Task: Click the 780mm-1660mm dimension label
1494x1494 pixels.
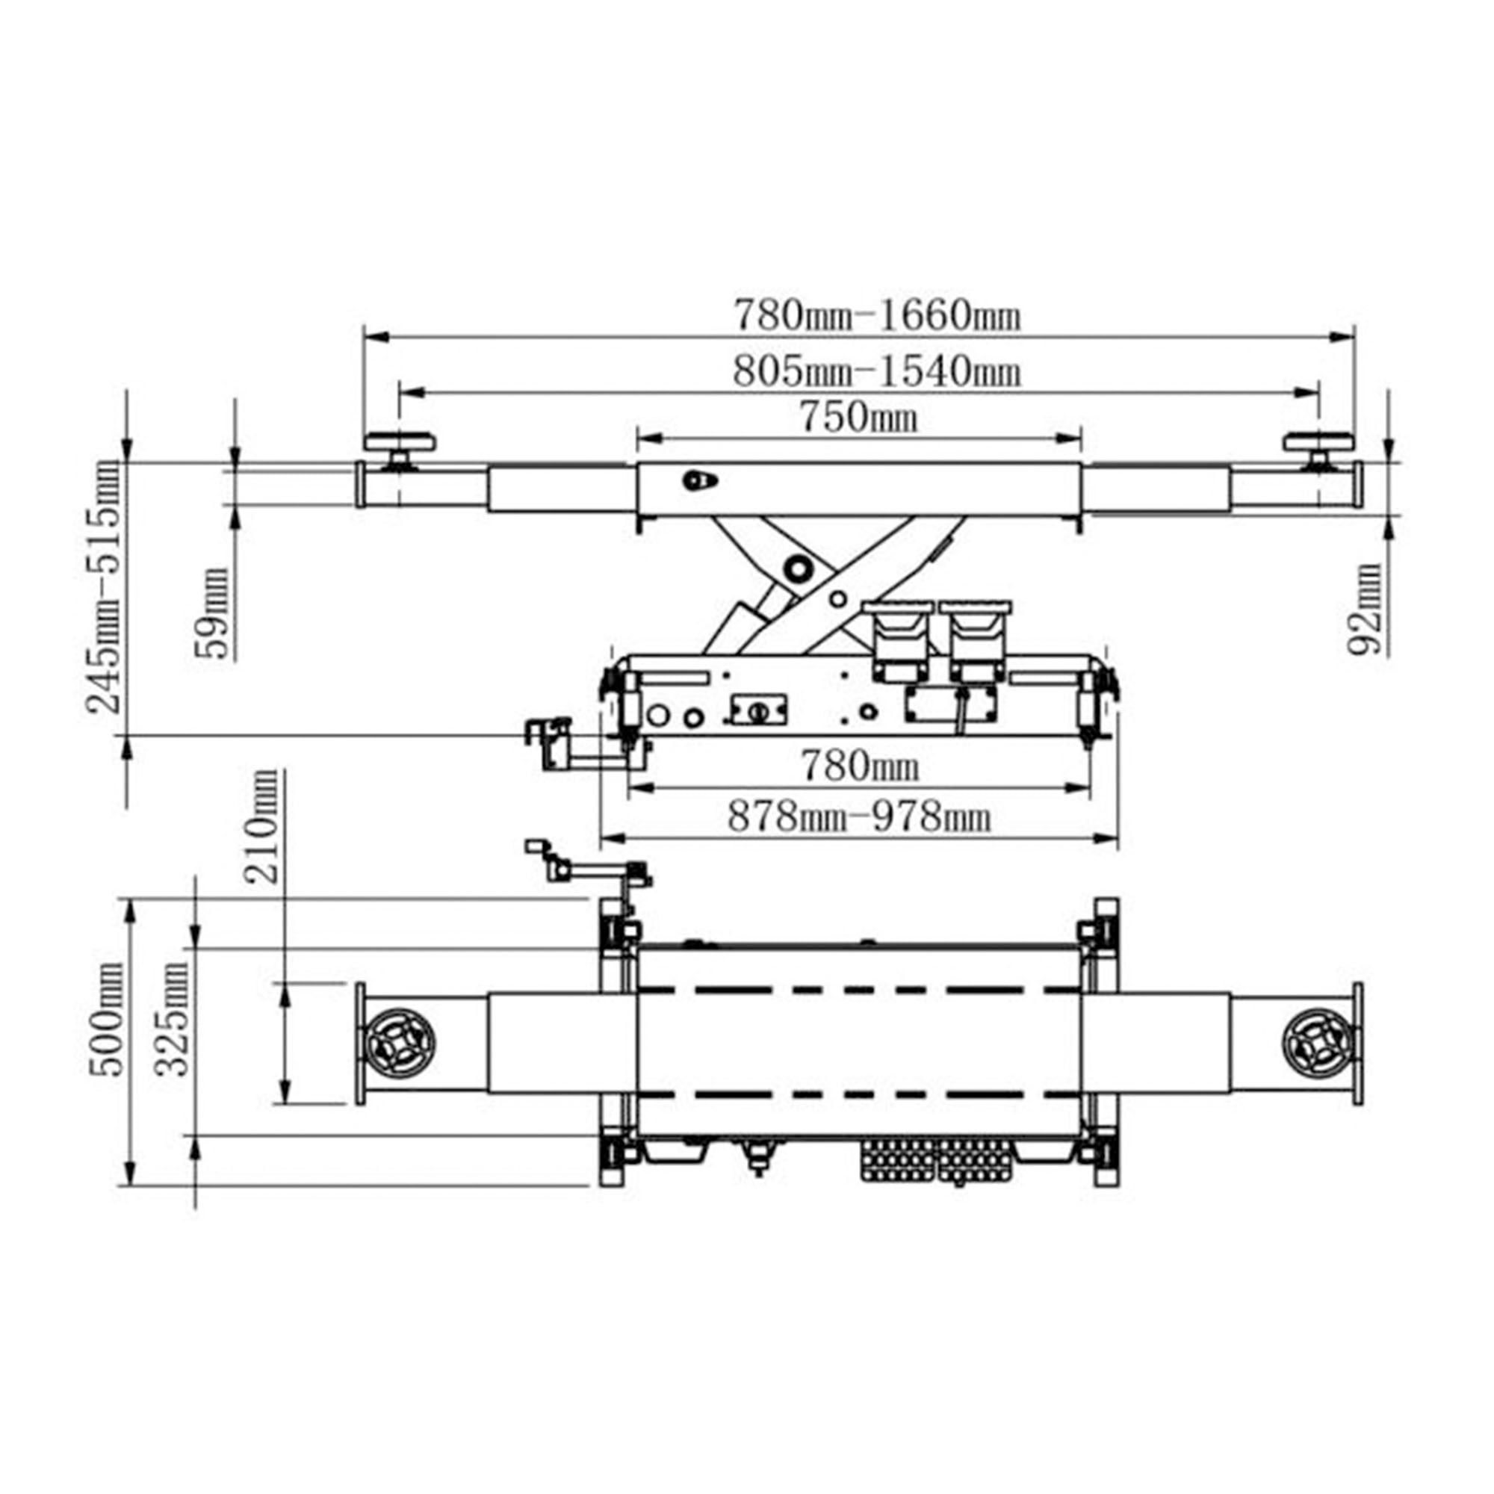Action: click(877, 315)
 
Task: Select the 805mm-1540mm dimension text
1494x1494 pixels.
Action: click(877, 372)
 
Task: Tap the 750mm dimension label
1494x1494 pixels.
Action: click(858, 418)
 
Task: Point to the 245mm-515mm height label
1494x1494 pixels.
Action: click(105, 587)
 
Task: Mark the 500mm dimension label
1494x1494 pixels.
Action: click(106, 1020)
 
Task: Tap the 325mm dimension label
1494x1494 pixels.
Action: click(172, 1020)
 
